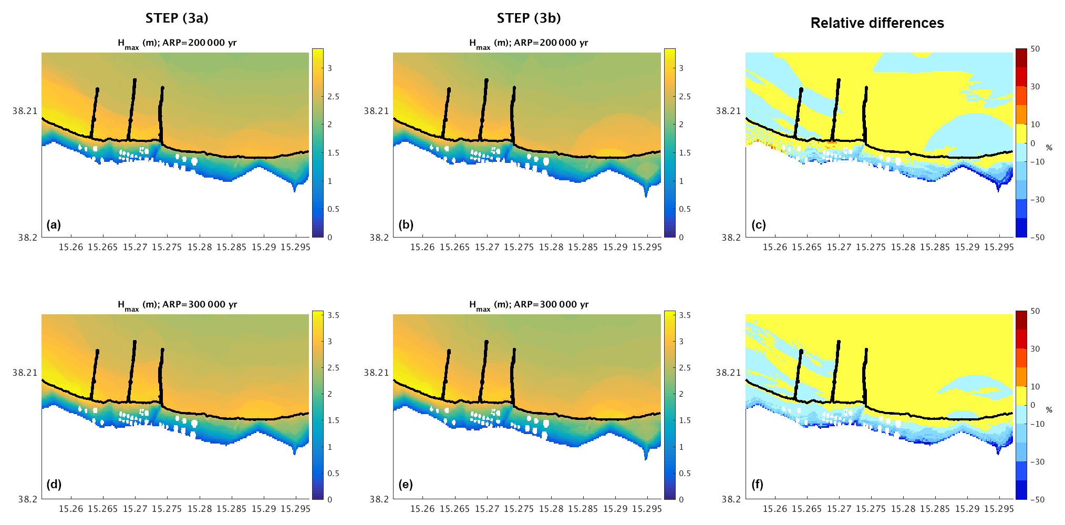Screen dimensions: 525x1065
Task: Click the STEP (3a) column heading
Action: point(177,18)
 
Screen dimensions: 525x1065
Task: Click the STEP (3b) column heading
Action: point(529,18)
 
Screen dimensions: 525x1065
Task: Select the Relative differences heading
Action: point(877,23)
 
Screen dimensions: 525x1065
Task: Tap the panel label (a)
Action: point(54,225)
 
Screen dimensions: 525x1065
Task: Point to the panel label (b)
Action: point(406,225)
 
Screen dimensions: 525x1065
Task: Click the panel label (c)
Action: point(758,225)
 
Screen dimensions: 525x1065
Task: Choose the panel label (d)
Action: point(54,485)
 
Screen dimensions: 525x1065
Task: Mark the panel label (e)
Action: point(406,485)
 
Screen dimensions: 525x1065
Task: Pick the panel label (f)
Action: point(757,485)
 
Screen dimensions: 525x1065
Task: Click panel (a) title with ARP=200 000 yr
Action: point(177,43)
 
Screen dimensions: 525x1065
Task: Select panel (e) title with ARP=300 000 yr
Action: point(529,305)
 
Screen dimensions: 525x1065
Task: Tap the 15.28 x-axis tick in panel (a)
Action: point(200,247)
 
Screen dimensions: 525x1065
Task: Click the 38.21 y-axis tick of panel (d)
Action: point(25,373)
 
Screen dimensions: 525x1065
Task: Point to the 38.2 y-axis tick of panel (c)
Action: point(731,238)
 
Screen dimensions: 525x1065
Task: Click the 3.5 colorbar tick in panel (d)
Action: point(333,315)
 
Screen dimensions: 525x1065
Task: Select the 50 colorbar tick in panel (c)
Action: point(1035,49)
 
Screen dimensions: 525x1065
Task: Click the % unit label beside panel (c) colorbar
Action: point(1049,148)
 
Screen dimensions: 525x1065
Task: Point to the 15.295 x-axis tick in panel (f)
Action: point(998,509)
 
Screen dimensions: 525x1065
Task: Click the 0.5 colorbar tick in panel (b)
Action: point(685,209)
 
